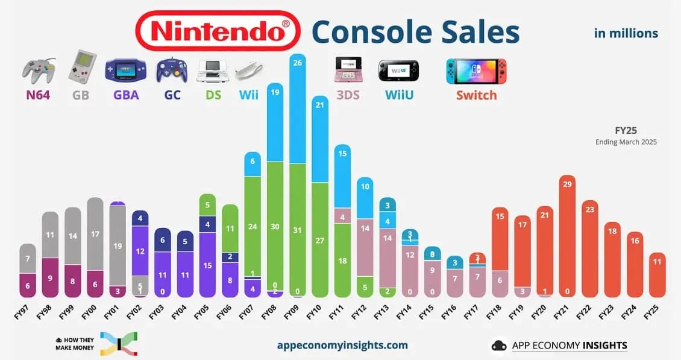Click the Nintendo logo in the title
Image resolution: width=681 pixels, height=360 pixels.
(x=218, y=31)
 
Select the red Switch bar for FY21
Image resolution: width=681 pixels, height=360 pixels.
(x=566, y=235)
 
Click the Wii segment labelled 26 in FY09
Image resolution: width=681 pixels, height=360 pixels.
(x=297, y=109)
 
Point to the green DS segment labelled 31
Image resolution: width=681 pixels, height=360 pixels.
(x=297, y=229)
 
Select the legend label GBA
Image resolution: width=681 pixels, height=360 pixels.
(x=126, y=95)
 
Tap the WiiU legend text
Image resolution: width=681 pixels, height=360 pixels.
(x=398, y=95)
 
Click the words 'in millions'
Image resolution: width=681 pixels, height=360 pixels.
(x=626, y=33)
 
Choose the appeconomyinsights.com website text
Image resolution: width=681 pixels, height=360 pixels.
(x=342, y=346)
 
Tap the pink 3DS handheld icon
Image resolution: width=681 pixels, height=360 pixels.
(x=348, y=70)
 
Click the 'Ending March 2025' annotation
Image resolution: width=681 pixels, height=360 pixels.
(x=627, y=142)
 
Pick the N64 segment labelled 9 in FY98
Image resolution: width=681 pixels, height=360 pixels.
(x=50, y=277)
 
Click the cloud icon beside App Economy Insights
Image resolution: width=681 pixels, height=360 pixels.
(x=498, y=346)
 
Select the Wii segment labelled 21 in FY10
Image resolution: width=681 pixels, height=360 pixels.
(x=320, y=139)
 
